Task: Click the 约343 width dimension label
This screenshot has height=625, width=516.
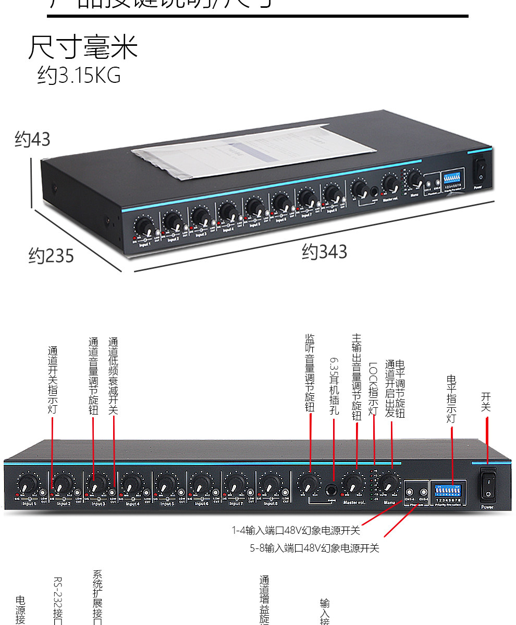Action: [324, 252]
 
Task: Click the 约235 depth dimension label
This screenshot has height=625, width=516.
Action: [51, 256]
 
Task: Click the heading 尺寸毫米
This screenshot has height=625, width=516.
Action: [83, 48]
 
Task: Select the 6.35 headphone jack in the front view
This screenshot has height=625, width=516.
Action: [331, 490]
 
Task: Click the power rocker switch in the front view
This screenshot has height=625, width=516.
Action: [488, 483]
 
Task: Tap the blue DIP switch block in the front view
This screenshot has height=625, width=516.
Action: [448, 490]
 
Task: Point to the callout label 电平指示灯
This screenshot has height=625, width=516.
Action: [452, 399]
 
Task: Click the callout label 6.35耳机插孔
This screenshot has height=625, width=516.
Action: [334, 385]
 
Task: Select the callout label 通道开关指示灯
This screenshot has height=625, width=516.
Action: [53, 380]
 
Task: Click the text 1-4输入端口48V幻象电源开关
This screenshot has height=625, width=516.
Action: [296, 531]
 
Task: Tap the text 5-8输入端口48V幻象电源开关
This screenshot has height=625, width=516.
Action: [314, 548]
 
